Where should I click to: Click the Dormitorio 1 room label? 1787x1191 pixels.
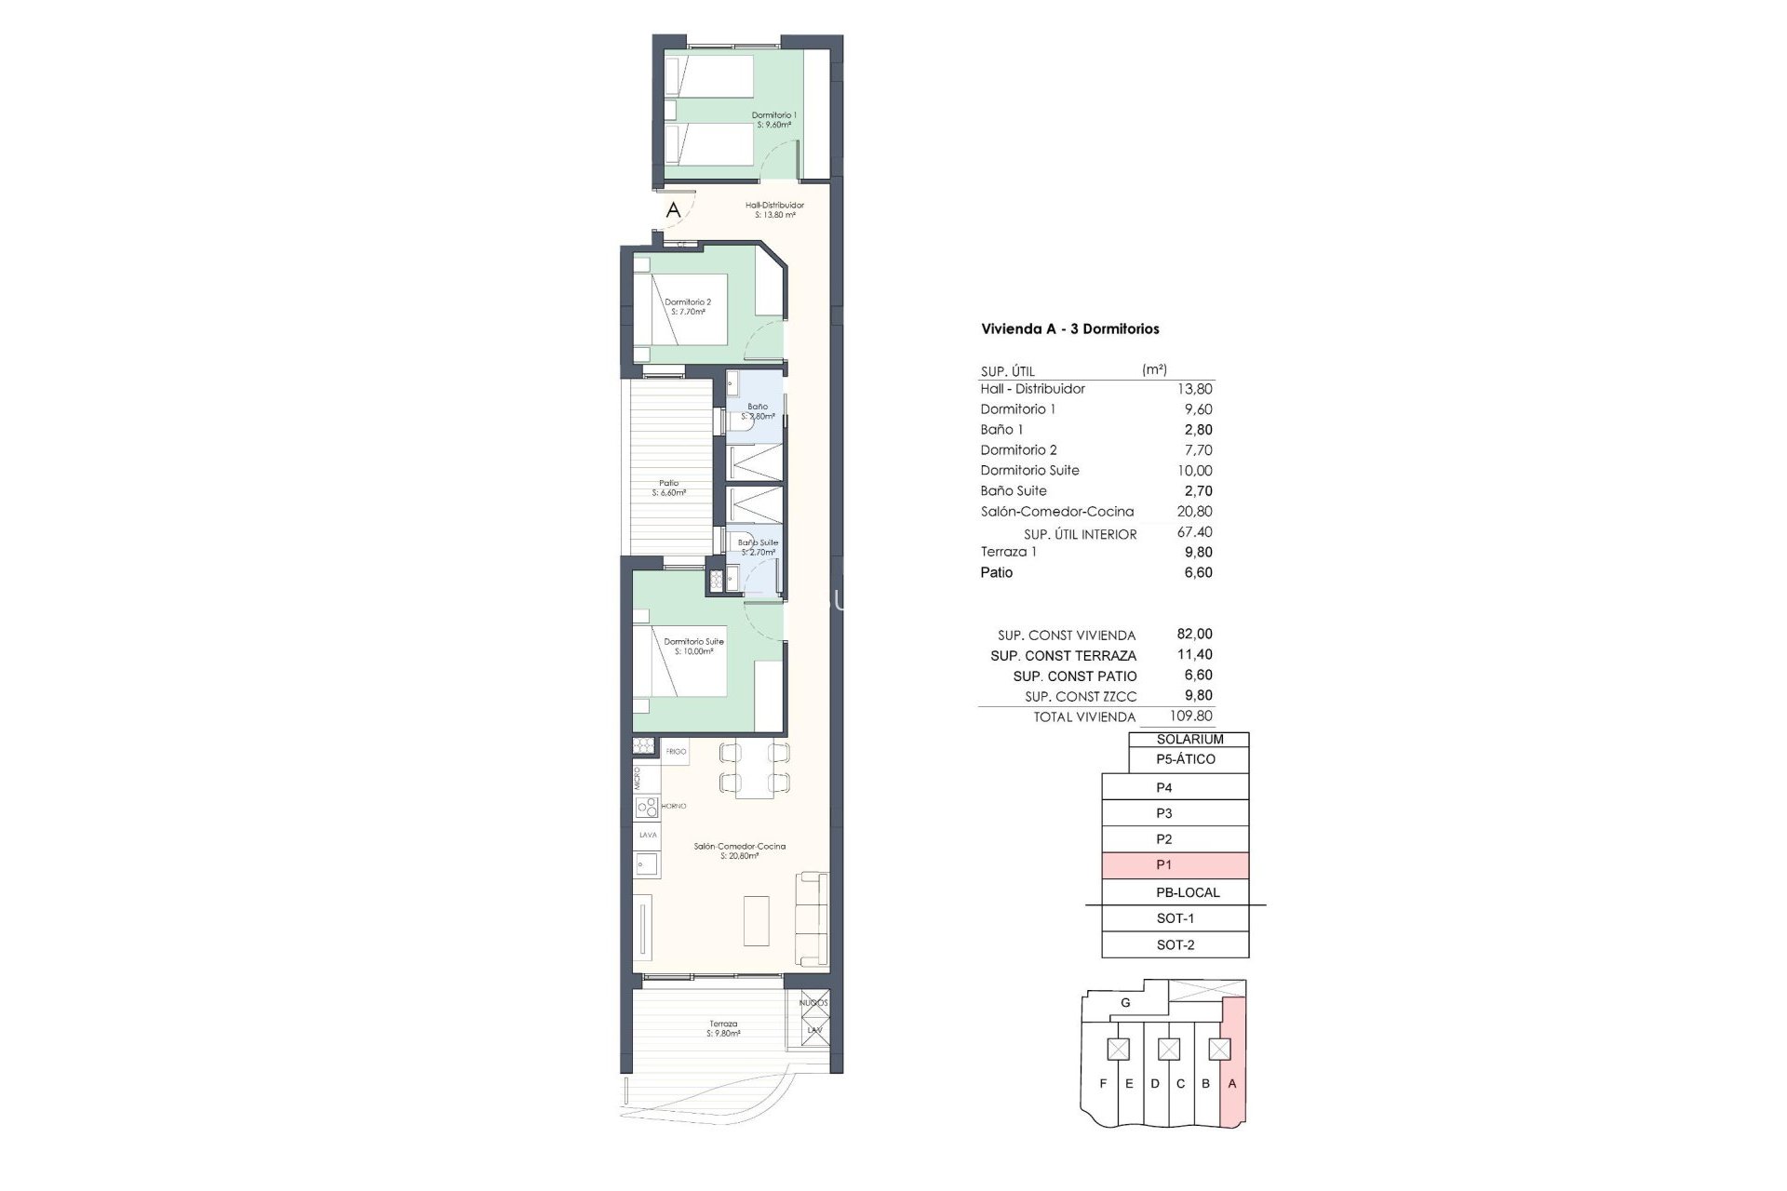pyautogui.click(x=773, y=119)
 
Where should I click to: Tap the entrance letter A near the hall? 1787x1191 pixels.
pyautogui.click(x=673, y=210)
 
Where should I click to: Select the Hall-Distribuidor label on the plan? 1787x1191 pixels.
pyautogui.click(x=774, y=209)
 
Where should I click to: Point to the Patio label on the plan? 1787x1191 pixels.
pyautogui.click(x=668, y=488)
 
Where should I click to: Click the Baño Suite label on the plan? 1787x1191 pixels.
pyautogui.click(x=758, y=546)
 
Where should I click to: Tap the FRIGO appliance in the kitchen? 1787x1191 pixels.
pyautogui.click(x=676, y=751)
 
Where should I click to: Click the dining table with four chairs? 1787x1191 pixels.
pyautogui.click(x=754, y=768)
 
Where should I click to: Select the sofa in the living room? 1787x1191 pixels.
pyautogui.click(x=812, y=918)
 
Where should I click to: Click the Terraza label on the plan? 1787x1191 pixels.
pyautogui.click(x=722, y=1028)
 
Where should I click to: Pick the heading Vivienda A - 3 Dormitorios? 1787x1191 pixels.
pyautogui.click(x=1069, y=328)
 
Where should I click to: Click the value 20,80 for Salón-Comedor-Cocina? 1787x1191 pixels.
pyautogui.click(x=1194, y=511)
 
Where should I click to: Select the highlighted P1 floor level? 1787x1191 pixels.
pyautogui.click(x=1175, y=865)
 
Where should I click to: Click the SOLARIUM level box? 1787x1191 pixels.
pyautogui.click(x=1189, y=740)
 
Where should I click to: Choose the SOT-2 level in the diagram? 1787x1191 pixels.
pyautogui.click(x=1175, y=944)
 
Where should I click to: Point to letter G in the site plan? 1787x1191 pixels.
pyautogui.click(x=1125, y=1003)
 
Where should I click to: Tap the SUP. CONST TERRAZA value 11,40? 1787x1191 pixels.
pyautogui.click(x=1194, y=655)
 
